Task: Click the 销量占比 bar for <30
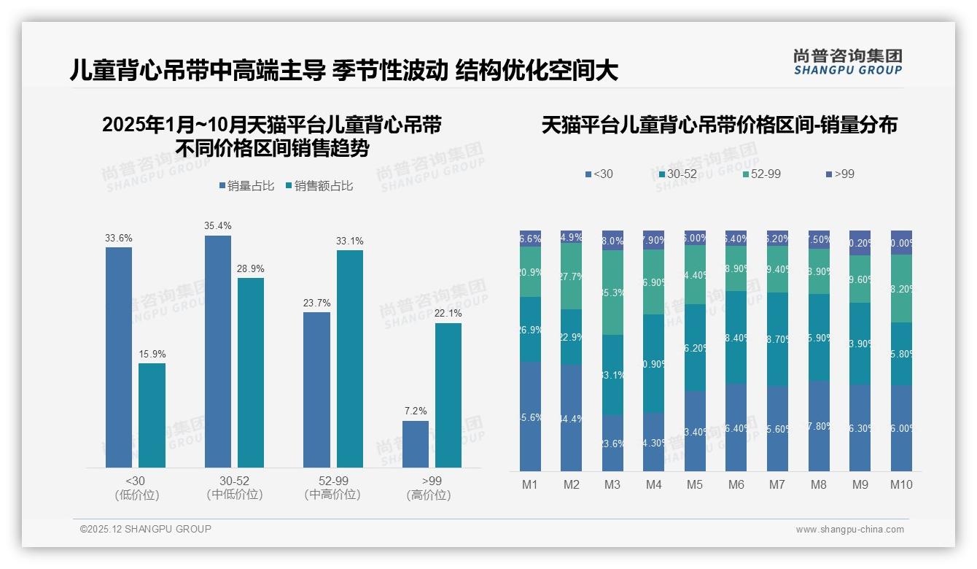pos(119,357)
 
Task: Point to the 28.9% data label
pos(250,269)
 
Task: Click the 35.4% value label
pos(217,225)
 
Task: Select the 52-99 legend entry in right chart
pos(762,174)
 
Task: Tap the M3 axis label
pos(612,484)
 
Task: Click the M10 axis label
pos(901,484)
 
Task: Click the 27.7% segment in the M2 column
pos(572,276)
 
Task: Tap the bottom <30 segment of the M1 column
pos(530,417)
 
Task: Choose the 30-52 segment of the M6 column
pos(736,337)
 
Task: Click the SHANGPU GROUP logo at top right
pos(847,62)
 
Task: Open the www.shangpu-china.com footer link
pos(849,530)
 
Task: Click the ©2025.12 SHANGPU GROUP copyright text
pos(146,529)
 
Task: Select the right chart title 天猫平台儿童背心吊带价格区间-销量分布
pos(719,125)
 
